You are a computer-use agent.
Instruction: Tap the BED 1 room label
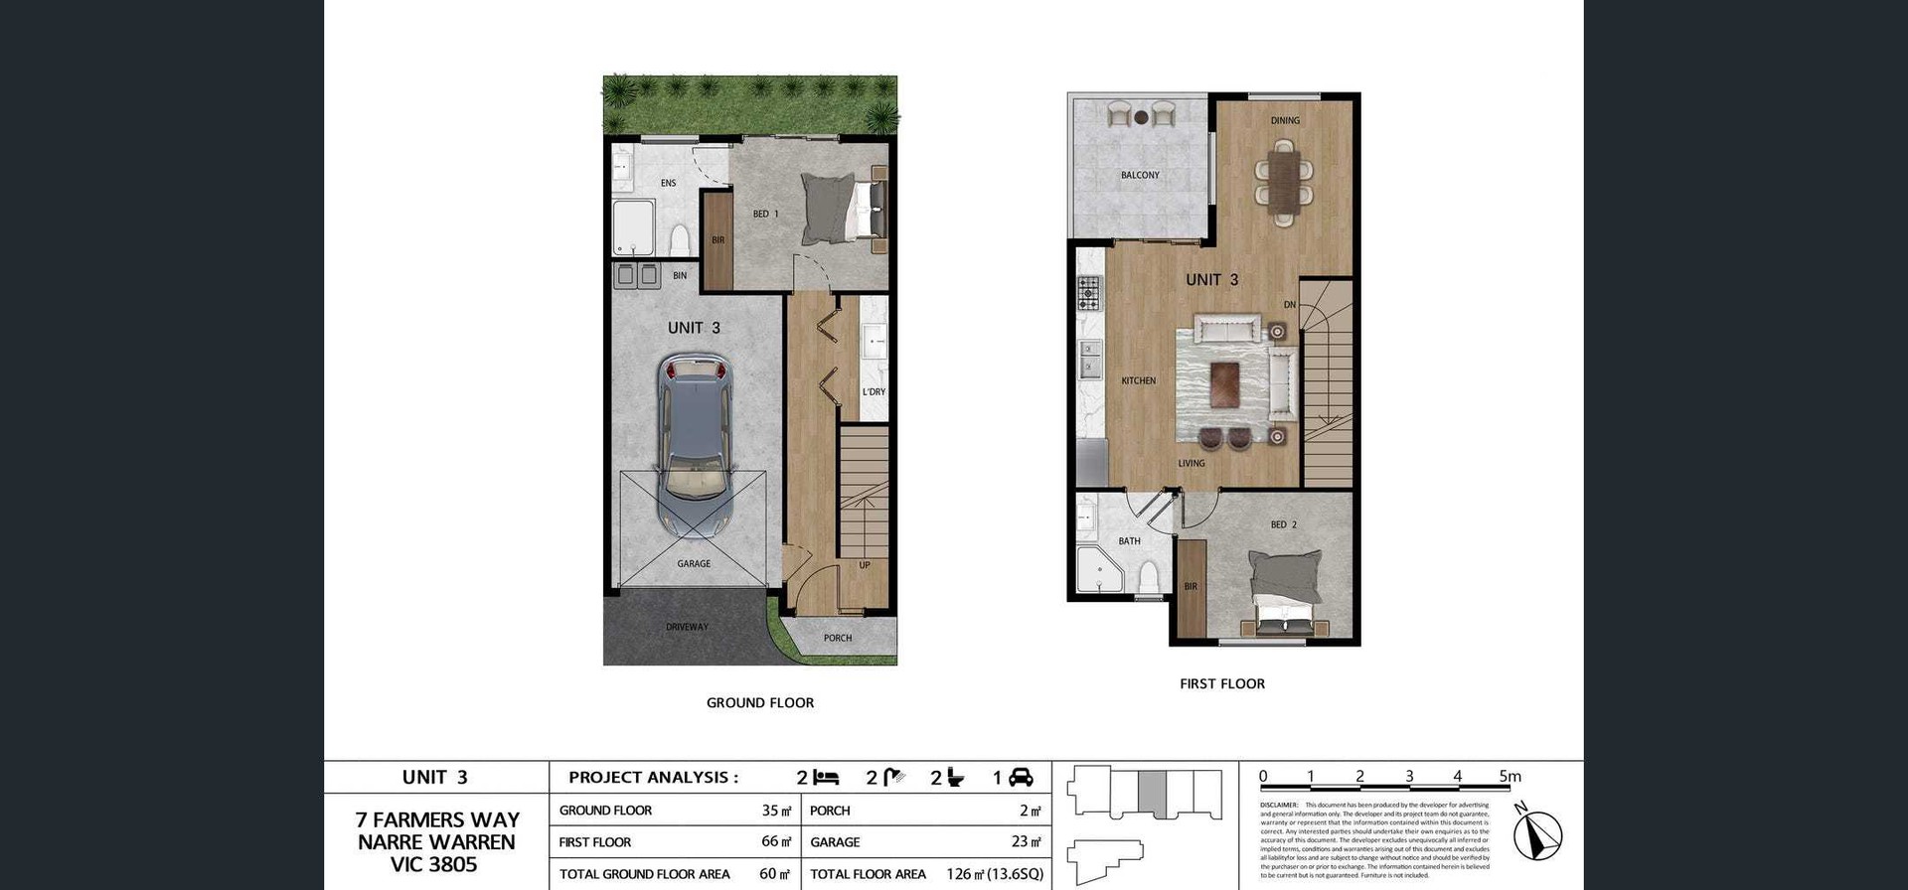765,214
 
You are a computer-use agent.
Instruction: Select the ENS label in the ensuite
668,183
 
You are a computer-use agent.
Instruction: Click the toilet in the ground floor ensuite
681,239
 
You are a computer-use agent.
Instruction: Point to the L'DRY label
874,391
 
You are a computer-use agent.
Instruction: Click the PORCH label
838,638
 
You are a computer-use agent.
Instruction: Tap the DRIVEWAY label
687,627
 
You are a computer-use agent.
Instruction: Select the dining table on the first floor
1284,182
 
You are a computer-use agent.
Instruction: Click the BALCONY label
1140,175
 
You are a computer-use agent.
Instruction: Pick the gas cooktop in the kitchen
1089,292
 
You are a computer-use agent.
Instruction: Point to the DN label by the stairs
1289,305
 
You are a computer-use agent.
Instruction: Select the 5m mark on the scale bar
1510,777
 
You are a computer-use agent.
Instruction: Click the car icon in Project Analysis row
1021,778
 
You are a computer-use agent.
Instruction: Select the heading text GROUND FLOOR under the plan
760,702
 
